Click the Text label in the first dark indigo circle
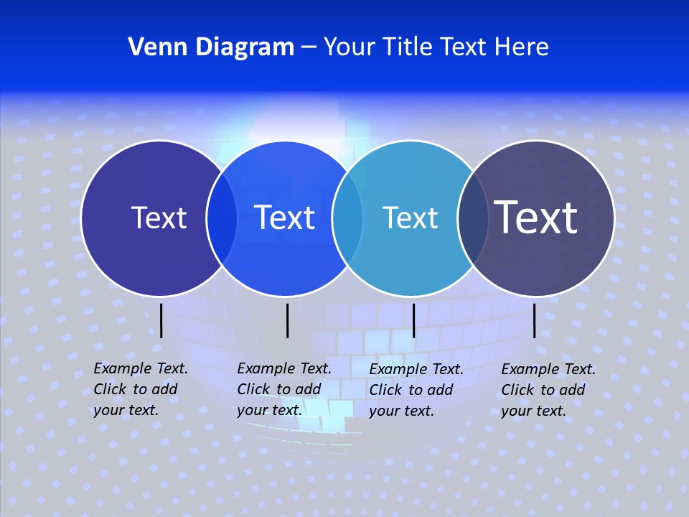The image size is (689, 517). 159,218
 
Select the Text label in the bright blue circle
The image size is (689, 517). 285,218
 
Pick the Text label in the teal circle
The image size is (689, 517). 410,218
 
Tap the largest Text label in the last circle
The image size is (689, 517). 536,217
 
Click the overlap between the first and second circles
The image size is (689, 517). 222,218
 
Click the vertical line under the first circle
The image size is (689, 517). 161,320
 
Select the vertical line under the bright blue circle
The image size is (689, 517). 287,320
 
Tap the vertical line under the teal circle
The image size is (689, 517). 414,320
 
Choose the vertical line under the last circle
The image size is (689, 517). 535,320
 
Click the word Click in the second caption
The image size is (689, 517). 253,389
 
